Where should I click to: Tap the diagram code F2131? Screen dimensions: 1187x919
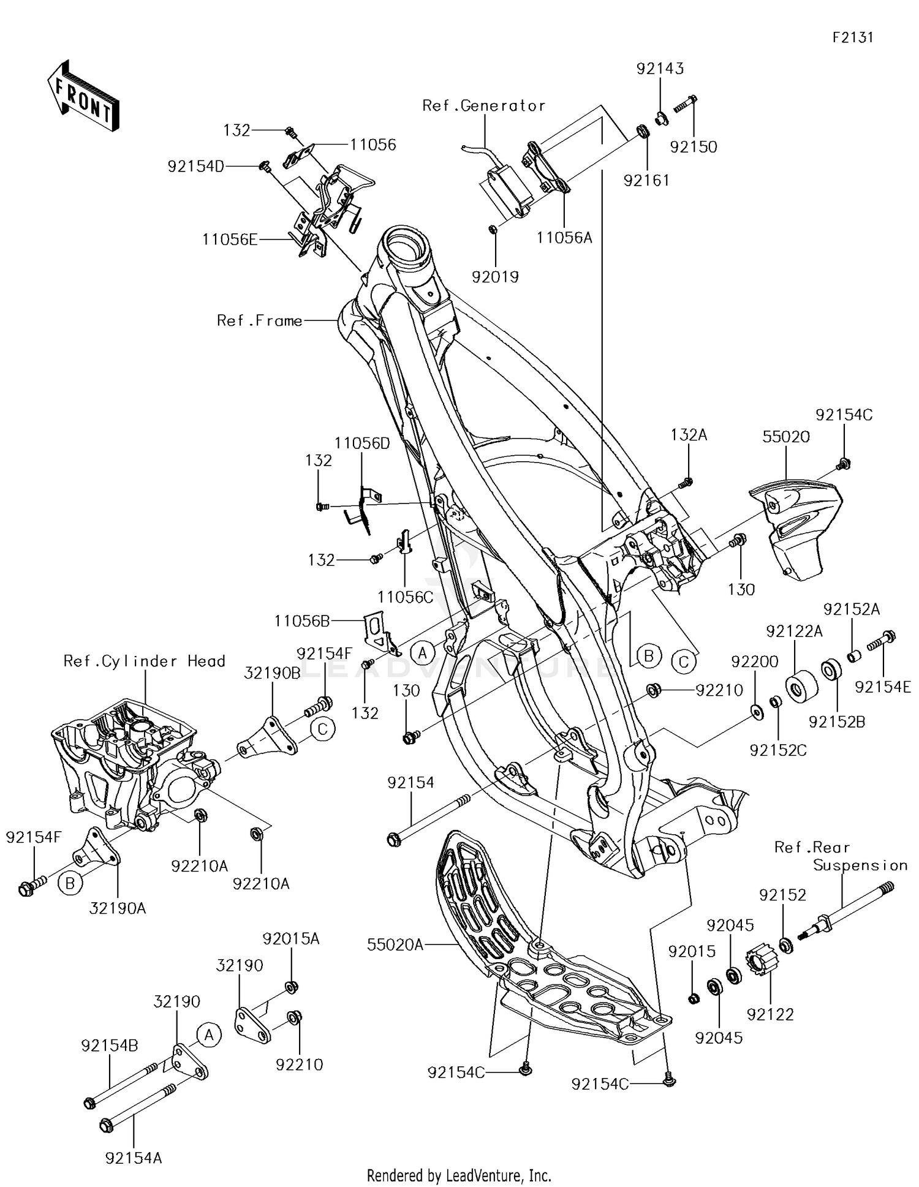click(852, 37)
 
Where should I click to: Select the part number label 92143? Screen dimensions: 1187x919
click(660, 69)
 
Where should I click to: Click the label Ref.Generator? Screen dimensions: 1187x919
click(483, 106)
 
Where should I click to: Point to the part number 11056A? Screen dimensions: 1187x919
click(564, 238)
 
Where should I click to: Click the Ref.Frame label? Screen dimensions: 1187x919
click(260, 321)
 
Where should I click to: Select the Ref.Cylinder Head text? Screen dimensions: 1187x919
click(145, 661)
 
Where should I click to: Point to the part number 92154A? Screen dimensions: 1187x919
click(134, 1158)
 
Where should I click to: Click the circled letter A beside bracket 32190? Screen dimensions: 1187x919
click(209, 1035)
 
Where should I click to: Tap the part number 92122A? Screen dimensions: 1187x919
click(793, 631)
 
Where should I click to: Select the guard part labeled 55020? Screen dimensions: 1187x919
click(796, 527)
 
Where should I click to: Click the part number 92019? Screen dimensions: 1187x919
click(495, 277)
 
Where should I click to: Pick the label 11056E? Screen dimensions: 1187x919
click(230, 239)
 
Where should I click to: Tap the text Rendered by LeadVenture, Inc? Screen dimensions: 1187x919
click(459, 1175)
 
